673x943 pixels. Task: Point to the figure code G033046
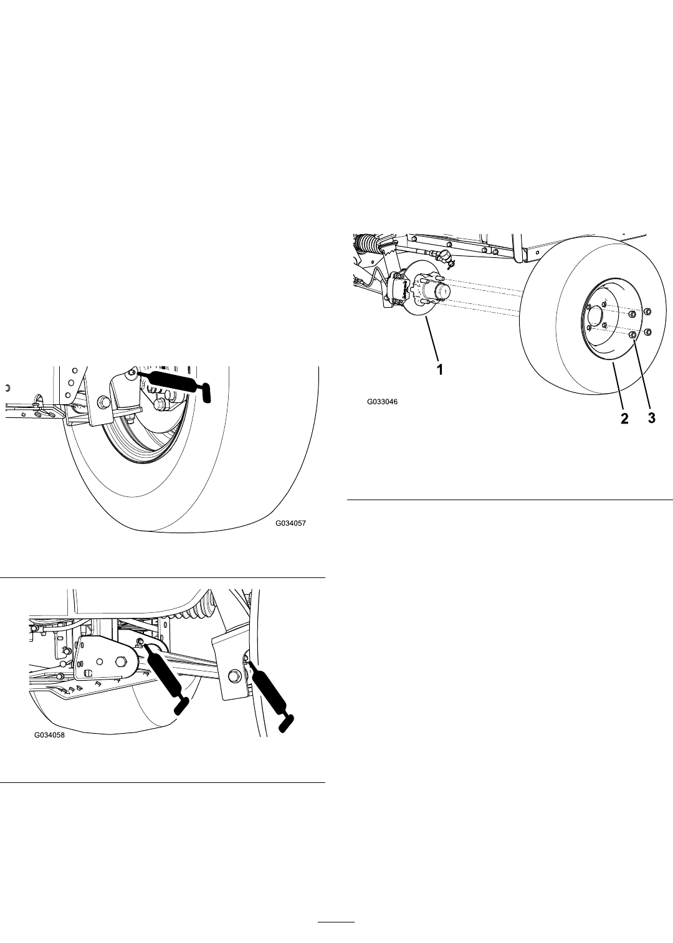point(382,402)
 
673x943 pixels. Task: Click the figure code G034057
point(290,523)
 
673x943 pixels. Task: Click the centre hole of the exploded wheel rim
point(594,315)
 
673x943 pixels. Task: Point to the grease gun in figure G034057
point(173,382)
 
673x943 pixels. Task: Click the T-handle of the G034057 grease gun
point(206,393)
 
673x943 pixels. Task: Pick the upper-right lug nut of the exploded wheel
point(647,311)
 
